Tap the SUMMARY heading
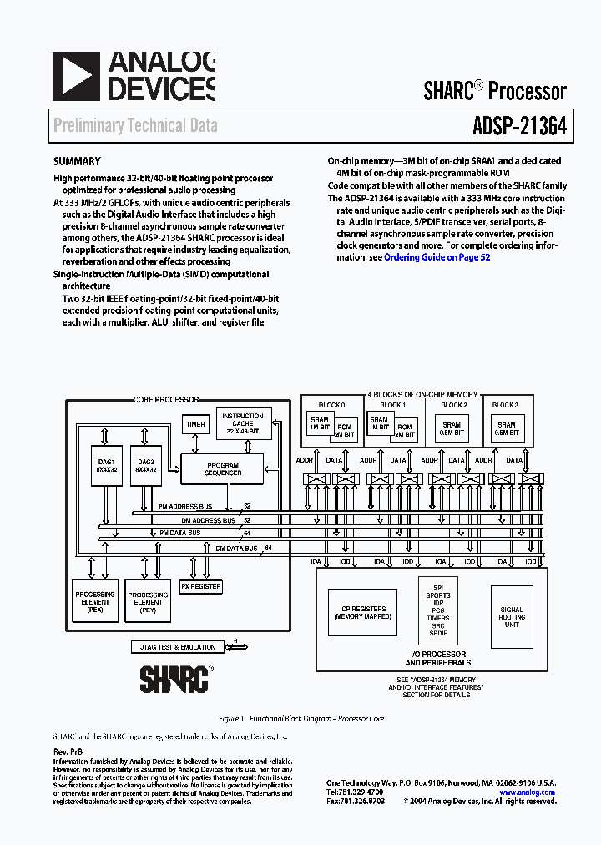[77, 162]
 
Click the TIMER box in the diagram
[195, 424]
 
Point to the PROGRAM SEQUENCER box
[224, 469]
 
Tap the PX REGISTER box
[201, 587]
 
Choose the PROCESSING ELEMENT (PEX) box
[95, 601]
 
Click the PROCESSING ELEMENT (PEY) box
[148, 603]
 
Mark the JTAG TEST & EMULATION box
[174, 647]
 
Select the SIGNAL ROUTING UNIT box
[512, 618]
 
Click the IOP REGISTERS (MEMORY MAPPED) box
[363, 613]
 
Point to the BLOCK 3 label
[505, 405]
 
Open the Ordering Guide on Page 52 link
[437, 258]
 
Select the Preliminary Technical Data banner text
[135, 126]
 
